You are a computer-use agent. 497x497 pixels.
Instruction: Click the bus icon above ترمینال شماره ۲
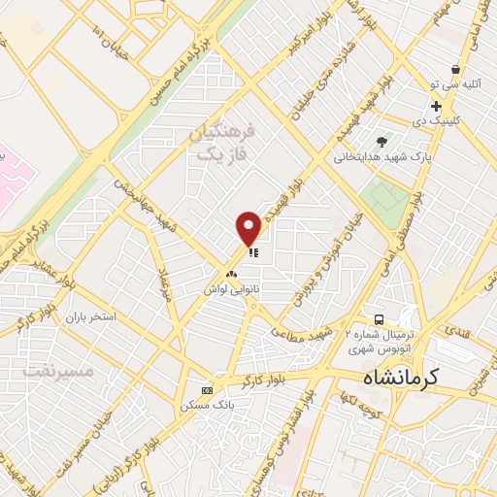[x=380, y=320]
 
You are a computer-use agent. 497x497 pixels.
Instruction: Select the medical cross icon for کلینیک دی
[x=437, y=107]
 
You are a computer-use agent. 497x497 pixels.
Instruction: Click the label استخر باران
[x=90, y=317]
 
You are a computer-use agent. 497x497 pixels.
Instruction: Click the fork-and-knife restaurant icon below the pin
[x=253, y=252]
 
